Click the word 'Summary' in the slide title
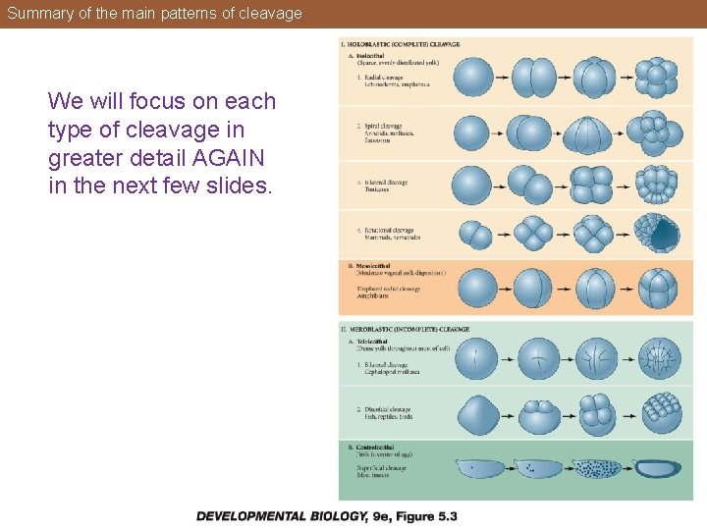(36, 14)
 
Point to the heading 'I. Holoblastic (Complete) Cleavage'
(401, 44)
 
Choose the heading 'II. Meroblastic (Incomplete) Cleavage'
(406, 329)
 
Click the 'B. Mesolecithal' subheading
(371, 265)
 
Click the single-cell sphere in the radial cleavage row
(473, 78)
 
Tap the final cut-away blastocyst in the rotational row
(658, 234)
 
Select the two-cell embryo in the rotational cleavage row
(474, 235)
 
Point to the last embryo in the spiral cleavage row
(658, 132)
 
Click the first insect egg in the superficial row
(479, 468)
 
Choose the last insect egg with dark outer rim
(657, 468)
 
